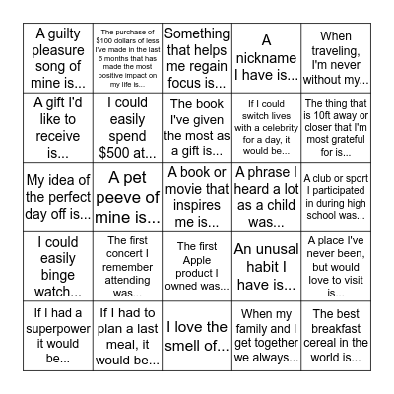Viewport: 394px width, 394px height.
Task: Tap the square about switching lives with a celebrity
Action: tap(267, 127)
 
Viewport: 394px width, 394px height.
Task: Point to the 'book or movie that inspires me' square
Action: tap(198, 197)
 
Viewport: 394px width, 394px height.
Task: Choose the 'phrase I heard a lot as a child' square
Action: tap(267, 197)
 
